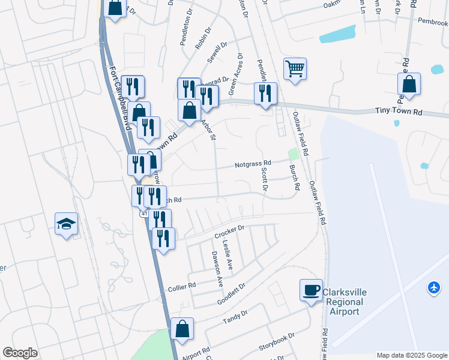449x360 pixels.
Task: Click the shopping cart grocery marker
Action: click(x=295, y=69)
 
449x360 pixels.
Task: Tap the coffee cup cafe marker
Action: click(x=311, y=290)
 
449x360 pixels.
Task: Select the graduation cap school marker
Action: click(x=67, y=224)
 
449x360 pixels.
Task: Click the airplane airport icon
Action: click(x=433, y=288)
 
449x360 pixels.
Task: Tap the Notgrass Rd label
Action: click(x=253, y=163)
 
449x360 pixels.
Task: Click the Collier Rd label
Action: click(x=182, y=286)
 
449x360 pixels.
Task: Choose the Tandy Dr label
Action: click(x=236, y=317)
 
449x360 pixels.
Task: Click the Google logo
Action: click(x=20, y=353)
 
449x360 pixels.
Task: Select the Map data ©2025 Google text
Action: click(x=412, y=355)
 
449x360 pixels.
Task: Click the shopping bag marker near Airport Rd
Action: click(x=182, y=329)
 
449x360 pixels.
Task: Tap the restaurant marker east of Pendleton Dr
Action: click(x=265, y=93)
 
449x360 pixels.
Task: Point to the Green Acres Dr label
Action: click(x=235, y=75)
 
